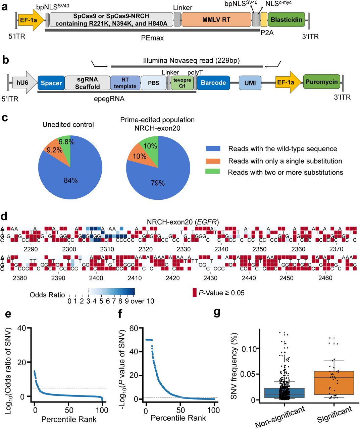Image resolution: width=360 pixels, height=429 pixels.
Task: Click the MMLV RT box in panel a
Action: coord(216,20)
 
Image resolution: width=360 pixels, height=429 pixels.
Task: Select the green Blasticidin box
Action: coord(286,20)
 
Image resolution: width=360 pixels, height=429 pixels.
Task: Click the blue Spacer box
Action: coord(51,83)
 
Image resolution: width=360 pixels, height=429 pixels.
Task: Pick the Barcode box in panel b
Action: coord(213,83)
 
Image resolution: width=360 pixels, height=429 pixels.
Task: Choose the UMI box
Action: coord(250,83)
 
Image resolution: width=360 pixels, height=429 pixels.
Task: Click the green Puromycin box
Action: coord(321,82)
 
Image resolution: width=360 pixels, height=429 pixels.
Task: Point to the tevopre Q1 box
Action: coord(182,83)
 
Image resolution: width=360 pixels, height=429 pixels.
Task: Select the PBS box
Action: coord(153,83)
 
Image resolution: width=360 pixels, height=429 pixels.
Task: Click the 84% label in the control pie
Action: coord(71,180)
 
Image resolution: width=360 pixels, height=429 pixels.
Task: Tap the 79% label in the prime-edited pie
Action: coord(158,183)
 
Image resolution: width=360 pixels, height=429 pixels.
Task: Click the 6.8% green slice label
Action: coord(66,142)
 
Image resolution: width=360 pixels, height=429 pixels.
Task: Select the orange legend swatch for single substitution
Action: coord(213,161)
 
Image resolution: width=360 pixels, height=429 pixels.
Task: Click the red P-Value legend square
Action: coord(194,293)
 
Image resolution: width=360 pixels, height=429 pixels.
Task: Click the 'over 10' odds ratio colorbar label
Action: coord(142,301)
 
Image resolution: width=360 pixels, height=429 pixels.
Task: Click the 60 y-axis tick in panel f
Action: coord(134,328)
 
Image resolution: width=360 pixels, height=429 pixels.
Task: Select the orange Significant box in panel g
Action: coord(334,383)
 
